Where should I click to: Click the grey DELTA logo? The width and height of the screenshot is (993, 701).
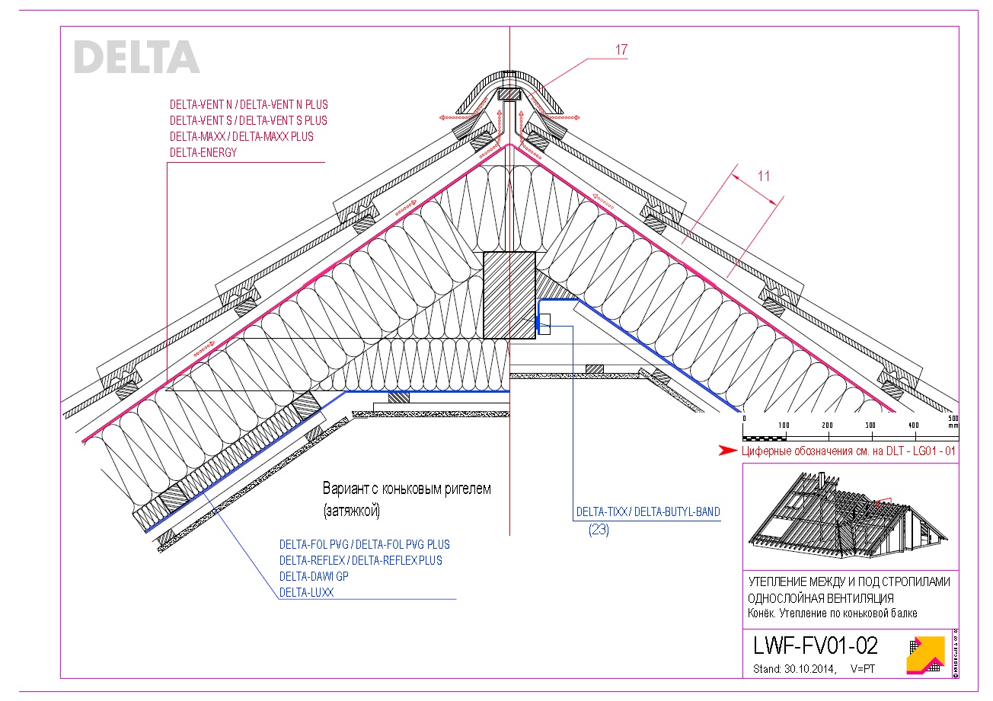[x=137, y=57]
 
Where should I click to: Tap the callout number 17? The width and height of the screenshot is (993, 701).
[x=621, y=50]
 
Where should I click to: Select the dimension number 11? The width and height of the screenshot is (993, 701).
[x=764, y=176]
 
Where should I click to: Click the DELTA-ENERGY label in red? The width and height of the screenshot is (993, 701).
[x=203, y=153]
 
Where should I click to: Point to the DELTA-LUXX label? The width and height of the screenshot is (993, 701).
[x=306, y=592]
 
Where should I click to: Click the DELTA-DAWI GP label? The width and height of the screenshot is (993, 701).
[x=314, y=576]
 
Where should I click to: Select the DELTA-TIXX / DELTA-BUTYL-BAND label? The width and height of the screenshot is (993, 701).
[x=647, y=511]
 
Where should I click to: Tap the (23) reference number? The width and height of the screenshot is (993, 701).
[x=599, y=531]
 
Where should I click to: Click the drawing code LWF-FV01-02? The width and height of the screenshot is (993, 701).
[x=815, y=646]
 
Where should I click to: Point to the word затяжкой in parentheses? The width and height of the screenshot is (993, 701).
[x=351, y=510]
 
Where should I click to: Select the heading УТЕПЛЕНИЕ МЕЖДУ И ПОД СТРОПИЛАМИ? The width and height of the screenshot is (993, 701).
[x=849, y=582]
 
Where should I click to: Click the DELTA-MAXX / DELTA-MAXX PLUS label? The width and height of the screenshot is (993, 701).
[x=241, y=137]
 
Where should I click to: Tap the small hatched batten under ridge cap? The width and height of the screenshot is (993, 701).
[x=509, y=96]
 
